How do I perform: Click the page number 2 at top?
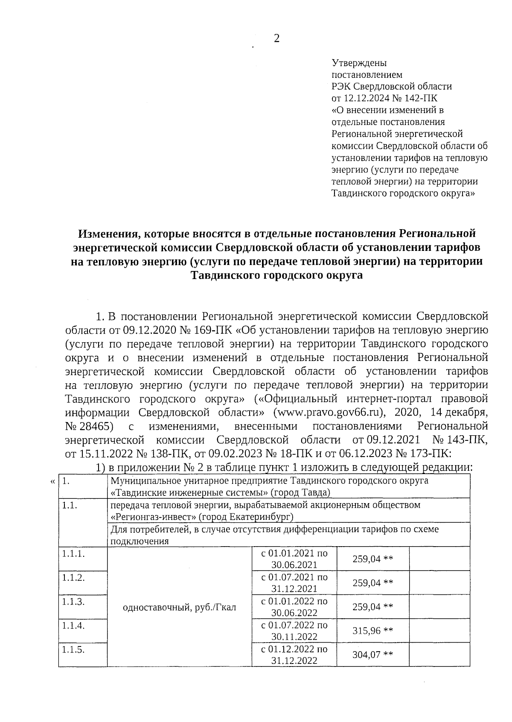[x=276, y=39]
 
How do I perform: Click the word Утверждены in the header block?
[x=359, y=63]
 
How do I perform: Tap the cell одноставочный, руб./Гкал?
[x=179, y=607]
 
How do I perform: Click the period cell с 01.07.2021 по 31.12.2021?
[x=294, y=583]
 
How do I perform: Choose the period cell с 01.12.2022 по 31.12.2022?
[x=294, y=655]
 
